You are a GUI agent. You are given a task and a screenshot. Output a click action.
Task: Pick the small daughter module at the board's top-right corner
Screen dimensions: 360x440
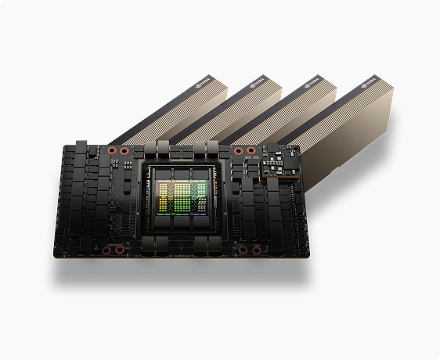pos(282,166)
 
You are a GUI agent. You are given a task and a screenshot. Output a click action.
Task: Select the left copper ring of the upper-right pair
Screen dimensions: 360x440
pos(238,150)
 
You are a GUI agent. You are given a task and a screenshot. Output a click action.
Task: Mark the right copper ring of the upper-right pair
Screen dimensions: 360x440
pos(251,150)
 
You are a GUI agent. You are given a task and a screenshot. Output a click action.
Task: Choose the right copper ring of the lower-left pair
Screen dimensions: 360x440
pos(120,250)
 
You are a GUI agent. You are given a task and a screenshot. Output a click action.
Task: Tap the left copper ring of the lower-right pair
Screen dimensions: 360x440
pos(242,250)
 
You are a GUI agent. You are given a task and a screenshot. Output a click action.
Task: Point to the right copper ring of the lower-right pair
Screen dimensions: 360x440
pos(255,250)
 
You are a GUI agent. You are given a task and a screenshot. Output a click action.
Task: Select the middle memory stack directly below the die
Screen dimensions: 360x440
pos(182,228)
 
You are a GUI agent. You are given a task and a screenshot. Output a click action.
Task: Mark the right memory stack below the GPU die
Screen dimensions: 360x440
pos(202,228)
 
